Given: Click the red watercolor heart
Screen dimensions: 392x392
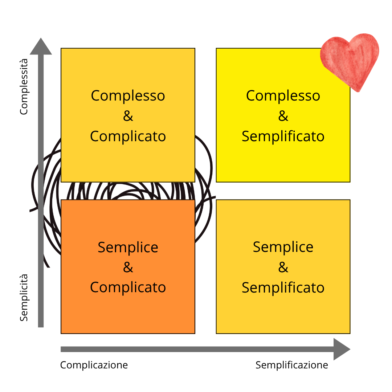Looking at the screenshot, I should [349, 60].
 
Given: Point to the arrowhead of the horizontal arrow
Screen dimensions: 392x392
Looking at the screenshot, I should [341, 349].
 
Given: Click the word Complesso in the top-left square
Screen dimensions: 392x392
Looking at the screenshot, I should [128, 96].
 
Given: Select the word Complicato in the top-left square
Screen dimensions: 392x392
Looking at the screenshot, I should [128, 136].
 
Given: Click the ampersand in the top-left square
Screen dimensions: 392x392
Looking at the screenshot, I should [128, 116].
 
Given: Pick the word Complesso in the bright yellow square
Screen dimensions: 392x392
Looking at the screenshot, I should [283, 96].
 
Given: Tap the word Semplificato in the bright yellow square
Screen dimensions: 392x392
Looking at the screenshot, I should [283, 136].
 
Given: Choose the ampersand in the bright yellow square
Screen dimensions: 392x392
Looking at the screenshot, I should [283, 116].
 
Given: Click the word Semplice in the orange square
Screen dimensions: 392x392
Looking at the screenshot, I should [128, 248].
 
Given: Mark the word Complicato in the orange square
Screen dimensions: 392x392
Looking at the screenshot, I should [128, 287].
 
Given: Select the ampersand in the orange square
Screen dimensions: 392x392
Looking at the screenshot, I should [128, 268].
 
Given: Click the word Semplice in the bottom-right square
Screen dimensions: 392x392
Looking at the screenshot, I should [283, 248].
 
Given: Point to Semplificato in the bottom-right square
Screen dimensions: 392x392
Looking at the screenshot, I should [283, 287].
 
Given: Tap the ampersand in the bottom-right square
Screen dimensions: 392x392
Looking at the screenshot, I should [283, 268].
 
